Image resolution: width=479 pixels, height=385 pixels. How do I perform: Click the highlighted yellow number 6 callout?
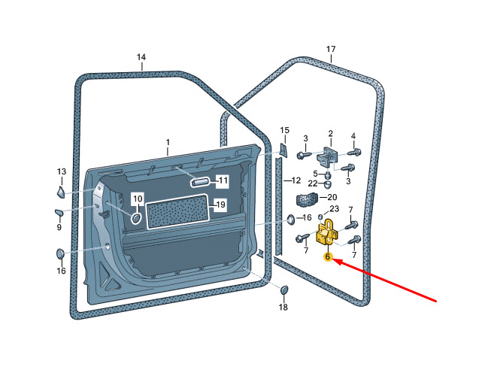pyautogui.click(x=328, y=257)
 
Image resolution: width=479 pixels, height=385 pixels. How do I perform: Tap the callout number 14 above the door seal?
pyautogui.click(x=141, y=57)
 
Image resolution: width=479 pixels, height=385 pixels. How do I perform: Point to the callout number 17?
pyautogui.click(x=331, y=50)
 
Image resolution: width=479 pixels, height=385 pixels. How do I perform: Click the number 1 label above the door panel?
pyautogui.click(x=168, y=142)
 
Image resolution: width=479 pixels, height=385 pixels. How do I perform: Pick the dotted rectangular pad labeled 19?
pyautogui.click(x=175, y=211)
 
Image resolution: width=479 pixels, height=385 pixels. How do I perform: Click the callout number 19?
pyautogui.click(x=220, y=205)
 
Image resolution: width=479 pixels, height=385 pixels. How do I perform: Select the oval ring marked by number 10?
pyautogui.click(x=136, y=218)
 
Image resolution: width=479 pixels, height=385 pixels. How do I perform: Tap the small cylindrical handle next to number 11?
pyautogui.click(x=201, y=181)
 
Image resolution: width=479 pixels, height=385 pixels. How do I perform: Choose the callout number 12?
pyautogui.click(x=296, y=180)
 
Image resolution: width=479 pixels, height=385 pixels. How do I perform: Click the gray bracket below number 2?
pyautogui.click(x=329, y=157)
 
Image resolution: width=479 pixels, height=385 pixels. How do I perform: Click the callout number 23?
pyautogui.click(x=335, y=209)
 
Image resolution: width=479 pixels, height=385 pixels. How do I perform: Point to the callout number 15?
pyautogui.click(x=284, y=131)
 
